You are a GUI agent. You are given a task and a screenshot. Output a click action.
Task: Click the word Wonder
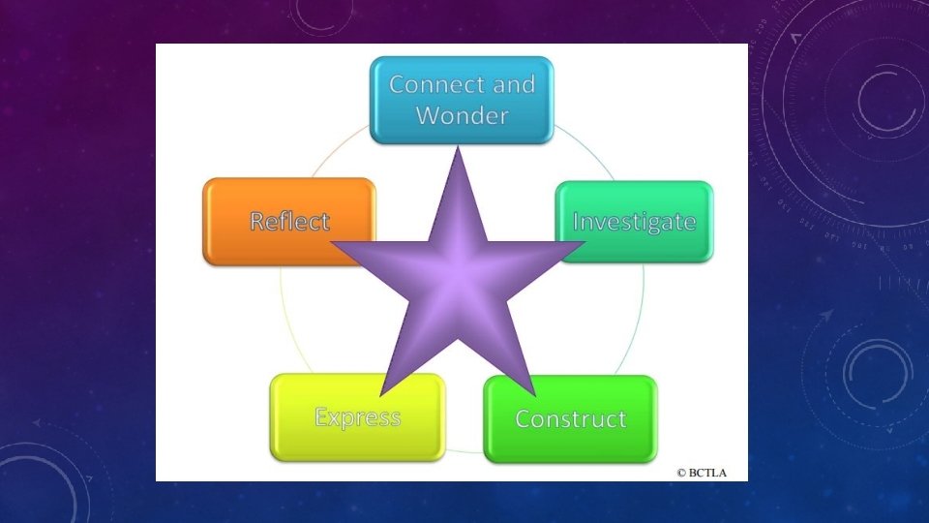pyautogui.click(x=462, y=116)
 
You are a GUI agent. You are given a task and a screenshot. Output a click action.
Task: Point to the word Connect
pyautogui.click(x=434, y=84)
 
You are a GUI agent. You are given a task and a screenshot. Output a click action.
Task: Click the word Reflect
pyautogui.click(x=289, y=221)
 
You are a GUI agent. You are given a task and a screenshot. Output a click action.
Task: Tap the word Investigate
pyautogui.click(x=634, y=222)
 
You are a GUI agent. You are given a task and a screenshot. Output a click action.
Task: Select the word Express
pyautogui.click(x=357, y=418)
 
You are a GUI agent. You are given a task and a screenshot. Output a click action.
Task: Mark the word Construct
pyautogui.click(x=570, y=419)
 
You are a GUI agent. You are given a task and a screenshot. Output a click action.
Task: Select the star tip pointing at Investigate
pyautogui.click(x=584, y=243)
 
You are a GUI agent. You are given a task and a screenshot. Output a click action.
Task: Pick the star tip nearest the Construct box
pyautogui.click(x=535, y=394)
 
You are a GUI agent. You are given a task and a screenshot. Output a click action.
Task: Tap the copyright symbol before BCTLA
pyautogui.click(x=681, y=473)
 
